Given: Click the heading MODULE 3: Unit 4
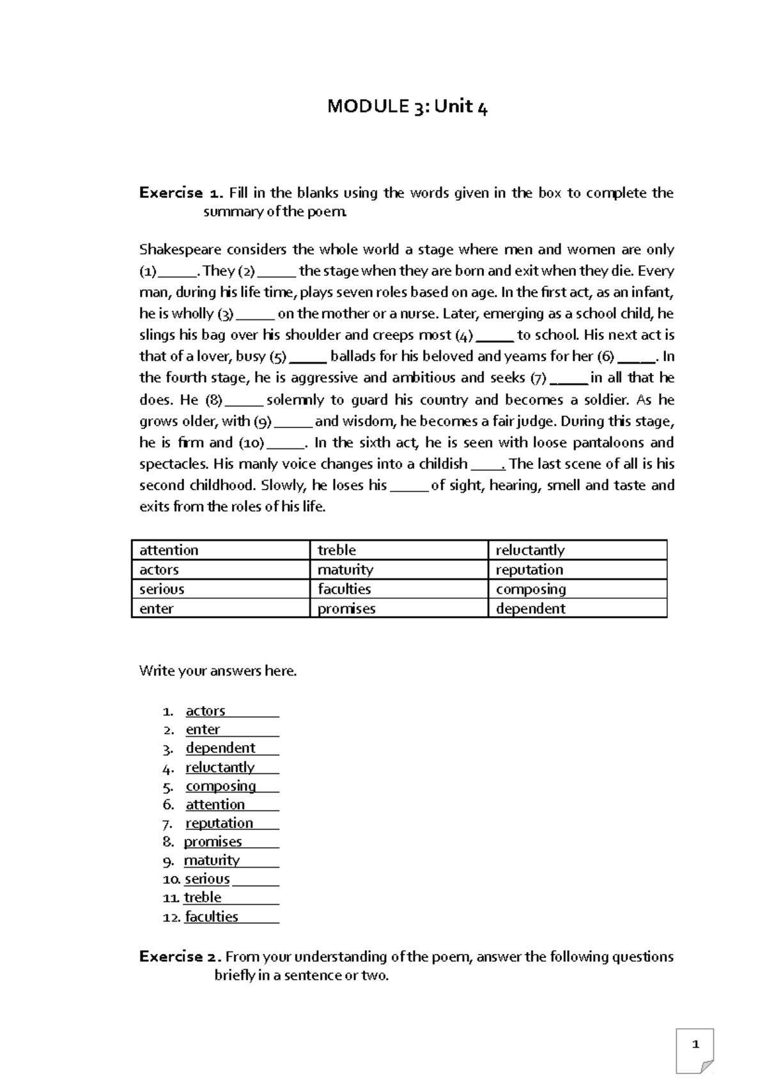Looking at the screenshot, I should coord(407,107).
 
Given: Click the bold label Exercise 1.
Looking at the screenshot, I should coord(181,193).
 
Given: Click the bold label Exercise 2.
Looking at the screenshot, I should coord(181,957).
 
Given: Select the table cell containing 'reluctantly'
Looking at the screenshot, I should coord(577,550).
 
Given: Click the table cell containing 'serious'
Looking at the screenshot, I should coord(220,589).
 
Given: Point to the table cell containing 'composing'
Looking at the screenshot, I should coord(577,589).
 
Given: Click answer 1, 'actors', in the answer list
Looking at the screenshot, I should coord(205,711).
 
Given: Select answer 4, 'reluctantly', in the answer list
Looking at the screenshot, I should coord(220,767).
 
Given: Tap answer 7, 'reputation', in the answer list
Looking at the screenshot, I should coord(219,823).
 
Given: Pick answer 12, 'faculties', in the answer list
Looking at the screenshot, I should coord(212,916).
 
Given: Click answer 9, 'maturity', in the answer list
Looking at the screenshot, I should coord(212,860).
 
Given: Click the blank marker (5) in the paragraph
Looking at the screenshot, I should coord(278,357).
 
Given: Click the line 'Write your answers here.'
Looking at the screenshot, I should coord(218,672).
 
